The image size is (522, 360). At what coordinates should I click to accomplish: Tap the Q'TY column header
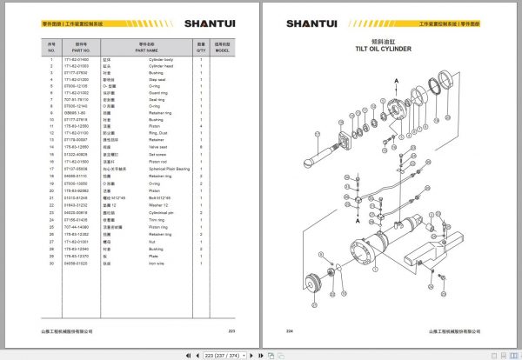200,50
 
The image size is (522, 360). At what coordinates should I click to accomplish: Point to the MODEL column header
223,50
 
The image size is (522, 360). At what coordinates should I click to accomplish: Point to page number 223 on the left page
231,331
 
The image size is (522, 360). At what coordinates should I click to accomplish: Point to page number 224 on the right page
290,331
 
